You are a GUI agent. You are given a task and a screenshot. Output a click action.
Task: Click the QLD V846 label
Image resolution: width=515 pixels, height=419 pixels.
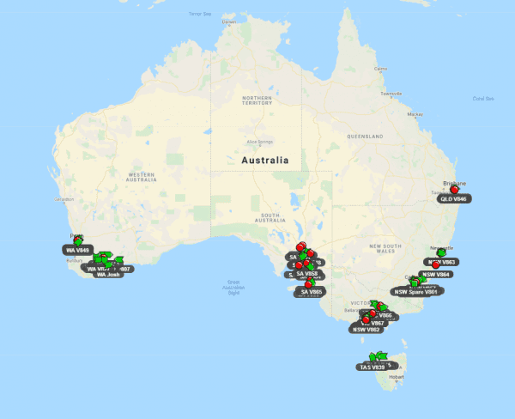[452, 198]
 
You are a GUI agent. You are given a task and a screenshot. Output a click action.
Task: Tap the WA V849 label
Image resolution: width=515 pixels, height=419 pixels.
[77, 250]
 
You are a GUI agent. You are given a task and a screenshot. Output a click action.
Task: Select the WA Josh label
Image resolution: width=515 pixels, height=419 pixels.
[109, 275]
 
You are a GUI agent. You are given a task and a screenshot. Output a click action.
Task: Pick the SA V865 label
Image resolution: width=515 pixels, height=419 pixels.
[310, 292]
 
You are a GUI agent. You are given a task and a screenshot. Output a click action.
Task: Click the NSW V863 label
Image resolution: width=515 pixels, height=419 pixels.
[443, 262]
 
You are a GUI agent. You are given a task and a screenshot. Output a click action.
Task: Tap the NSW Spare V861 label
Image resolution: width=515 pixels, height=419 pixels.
[417, 292]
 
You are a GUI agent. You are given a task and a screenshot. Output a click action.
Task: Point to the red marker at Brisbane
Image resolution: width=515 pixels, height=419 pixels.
[455, 189]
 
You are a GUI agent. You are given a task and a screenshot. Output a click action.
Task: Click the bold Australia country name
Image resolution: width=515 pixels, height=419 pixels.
[265, 161]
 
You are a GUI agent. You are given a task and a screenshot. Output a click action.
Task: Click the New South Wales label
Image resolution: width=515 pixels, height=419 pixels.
[385, 248]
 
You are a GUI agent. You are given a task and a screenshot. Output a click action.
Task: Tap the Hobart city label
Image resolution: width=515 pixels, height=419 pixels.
[396, 376]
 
